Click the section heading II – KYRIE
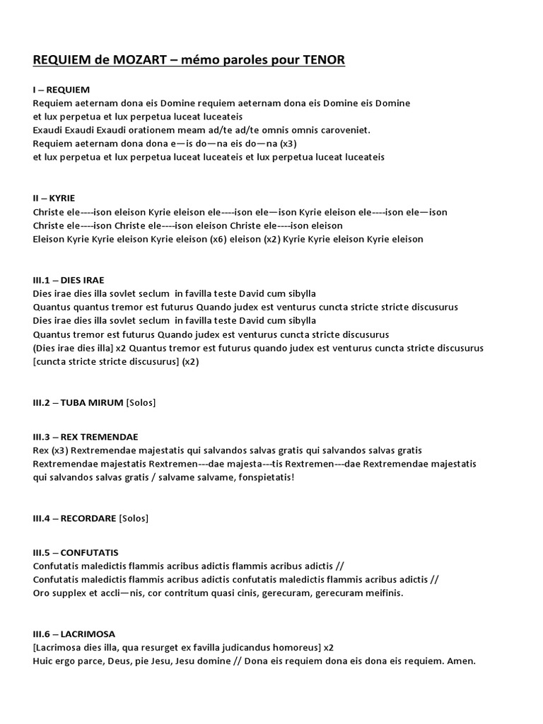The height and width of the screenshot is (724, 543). tap(54, 199)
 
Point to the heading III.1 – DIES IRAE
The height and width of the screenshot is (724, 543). tap(69, 280)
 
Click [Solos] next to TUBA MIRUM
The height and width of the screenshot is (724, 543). tap(140, 402)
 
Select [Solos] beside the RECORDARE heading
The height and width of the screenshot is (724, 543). tap(134, 518)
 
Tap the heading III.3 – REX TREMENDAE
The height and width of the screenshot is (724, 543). tap(86, 436)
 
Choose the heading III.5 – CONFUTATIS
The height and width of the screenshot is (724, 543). tap(76, 551)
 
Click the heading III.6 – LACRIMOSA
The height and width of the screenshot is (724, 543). tap(74, 633)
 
